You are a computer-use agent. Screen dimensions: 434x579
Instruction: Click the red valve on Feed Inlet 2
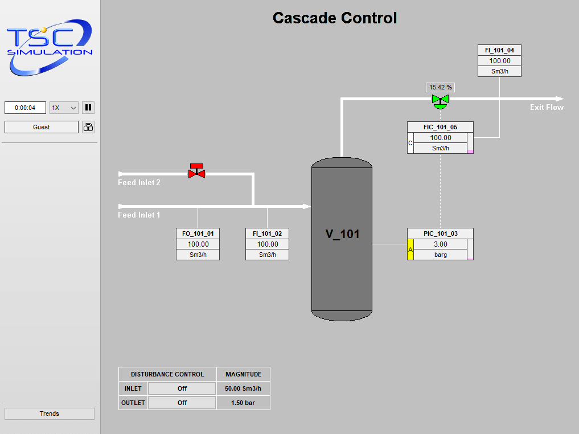click(196, 171)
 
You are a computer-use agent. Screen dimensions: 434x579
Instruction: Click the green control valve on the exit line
click(440, 101)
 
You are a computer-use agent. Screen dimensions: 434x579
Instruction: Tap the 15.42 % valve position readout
click(441, 87)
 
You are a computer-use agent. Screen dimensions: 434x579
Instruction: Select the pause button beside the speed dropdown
click(88, 108)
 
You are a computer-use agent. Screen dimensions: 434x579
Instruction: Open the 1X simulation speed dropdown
click(64, 108)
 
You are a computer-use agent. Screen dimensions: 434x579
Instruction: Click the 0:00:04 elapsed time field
click(25, 108)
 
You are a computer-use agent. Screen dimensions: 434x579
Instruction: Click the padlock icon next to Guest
click(88, 127)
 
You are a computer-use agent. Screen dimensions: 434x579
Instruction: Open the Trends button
click(50, 413)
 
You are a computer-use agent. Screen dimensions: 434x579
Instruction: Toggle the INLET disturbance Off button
click(182, 388)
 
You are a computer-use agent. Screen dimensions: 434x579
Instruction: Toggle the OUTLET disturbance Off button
click(182, 403)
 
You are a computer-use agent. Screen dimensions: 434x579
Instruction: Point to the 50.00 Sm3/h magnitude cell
click(243, 388)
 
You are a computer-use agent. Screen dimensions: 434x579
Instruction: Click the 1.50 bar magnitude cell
click(243, 403)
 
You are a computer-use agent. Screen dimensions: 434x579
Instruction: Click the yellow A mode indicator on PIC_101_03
click(410, 249)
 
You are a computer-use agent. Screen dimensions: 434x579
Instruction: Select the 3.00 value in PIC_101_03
click(440, 244)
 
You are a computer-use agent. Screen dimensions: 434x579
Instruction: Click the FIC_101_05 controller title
click(440, 127)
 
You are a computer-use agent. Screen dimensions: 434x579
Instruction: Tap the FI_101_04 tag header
click(499, 50)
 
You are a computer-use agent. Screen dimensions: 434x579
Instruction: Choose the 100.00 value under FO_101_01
click(198, 244)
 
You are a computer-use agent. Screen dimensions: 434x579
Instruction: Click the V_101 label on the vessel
click(342, 234)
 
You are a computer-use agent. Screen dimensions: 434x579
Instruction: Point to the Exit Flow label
click(547, 107)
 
